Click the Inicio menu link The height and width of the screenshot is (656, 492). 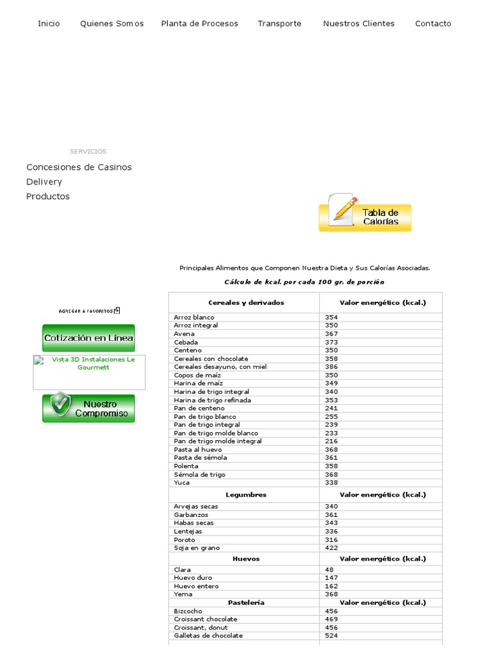49,24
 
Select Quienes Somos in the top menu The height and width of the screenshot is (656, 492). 111,24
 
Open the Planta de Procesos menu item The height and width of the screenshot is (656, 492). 199,24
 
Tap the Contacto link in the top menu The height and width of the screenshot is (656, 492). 433,24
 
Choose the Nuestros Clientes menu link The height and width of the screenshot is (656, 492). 359,24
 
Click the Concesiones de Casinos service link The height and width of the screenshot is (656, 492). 79,167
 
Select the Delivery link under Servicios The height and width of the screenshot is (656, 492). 44,182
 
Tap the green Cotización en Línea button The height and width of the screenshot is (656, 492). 88,338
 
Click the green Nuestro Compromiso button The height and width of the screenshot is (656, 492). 88,409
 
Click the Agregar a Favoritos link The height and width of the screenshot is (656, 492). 88,311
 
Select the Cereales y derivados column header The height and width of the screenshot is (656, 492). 246,302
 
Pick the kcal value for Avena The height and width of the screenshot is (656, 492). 331,334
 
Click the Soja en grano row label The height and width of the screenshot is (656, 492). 197,548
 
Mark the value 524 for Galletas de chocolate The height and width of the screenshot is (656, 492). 331,635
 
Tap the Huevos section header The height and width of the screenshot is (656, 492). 246,559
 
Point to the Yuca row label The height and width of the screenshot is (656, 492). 182,482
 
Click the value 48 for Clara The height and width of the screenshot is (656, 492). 329,570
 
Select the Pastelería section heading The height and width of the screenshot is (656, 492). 246,603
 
